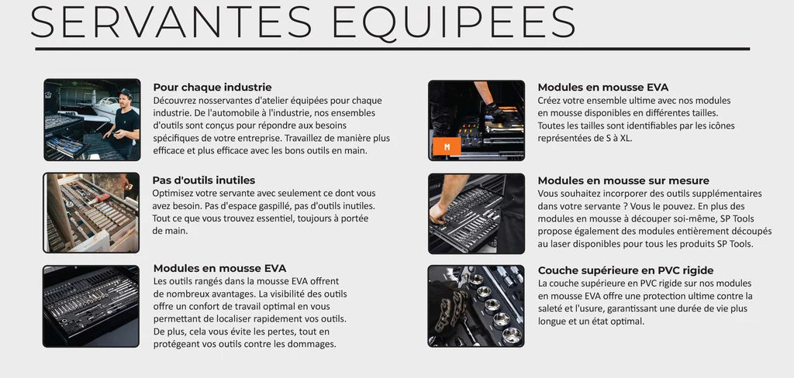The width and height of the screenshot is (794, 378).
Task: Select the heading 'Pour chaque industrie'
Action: click(212, 88)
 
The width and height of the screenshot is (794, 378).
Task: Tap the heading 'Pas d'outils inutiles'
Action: click(203, 180)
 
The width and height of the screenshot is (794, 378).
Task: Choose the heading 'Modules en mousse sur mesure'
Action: click(623, 180)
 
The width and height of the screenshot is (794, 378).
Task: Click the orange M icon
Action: click(447, 146)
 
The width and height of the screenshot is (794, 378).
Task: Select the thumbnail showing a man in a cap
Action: click(91, 119)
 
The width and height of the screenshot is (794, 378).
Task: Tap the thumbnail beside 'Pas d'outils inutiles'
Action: click(91, 212)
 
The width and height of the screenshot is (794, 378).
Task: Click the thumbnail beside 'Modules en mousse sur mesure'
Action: click(476, 212)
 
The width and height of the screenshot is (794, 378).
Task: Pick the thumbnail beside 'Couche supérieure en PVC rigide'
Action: click(476, 306)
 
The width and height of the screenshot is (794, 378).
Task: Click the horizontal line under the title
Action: click(392, 49)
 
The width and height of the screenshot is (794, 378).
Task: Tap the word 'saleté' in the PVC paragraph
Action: click(554, 308)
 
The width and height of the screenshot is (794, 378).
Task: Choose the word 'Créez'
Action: click(551, 100)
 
